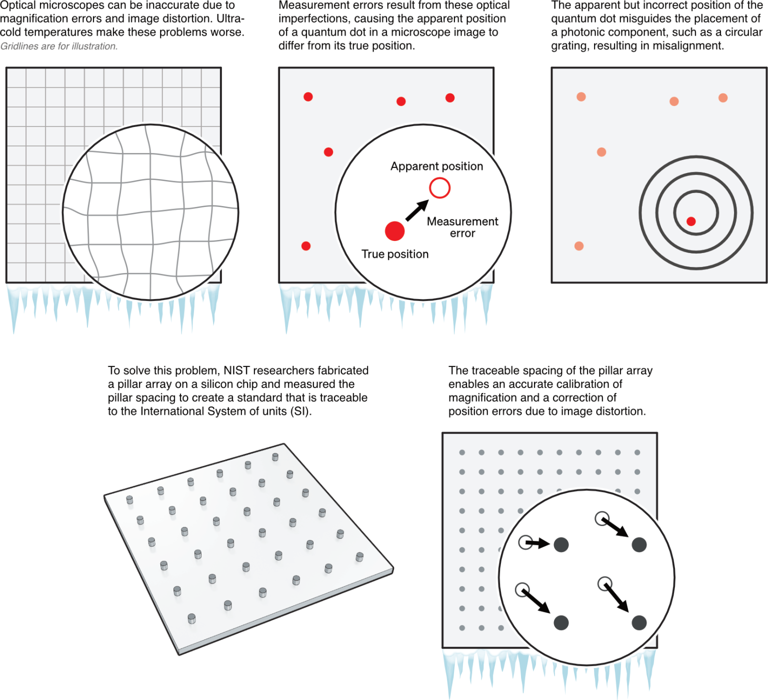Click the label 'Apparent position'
point(436,166)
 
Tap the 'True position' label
point(395,254)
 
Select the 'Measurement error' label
point(462,227)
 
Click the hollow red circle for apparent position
point(439,188)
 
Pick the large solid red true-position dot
point(394,231)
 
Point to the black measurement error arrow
point(416,210)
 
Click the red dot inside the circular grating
point(691,221)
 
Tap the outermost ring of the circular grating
point(641,213)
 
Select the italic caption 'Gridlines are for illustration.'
point(59,46)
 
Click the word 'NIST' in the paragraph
point(237,370)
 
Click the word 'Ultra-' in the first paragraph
point(230,19)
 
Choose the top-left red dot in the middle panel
point(308,96)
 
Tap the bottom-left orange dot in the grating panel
point(579,245)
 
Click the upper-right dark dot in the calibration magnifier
point(639,544)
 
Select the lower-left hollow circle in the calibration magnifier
point(522,589)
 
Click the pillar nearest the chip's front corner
point(191,619)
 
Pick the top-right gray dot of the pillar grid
point(637,452)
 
